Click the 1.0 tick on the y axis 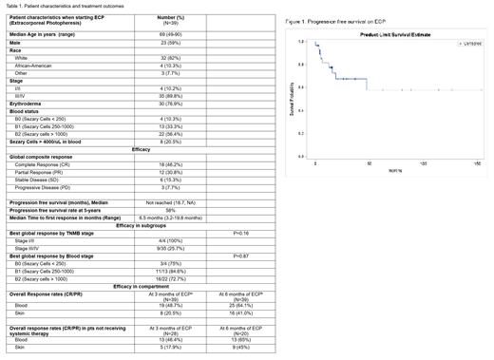click(x=300, y=42)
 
